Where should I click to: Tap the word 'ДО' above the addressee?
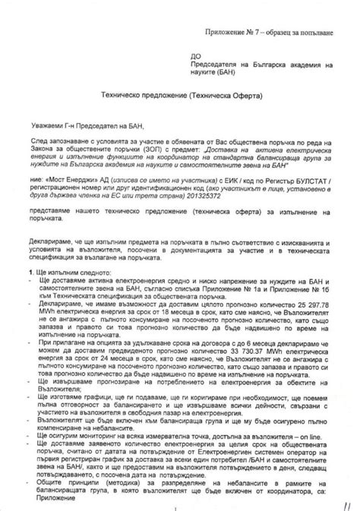tap(196, 56)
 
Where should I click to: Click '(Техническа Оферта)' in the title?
tap(227, 97)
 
